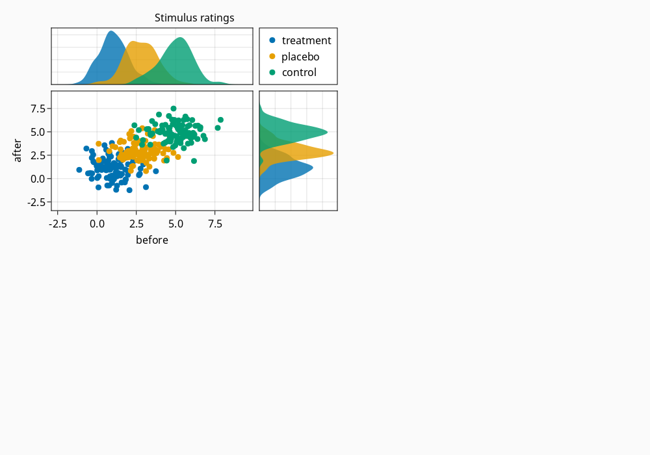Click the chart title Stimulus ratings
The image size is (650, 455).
tap(194, 18)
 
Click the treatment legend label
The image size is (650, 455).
tap(306, 40)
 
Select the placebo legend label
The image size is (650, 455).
tap(300, 57)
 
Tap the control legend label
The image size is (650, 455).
tap(299, 73)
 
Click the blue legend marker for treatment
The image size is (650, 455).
tap(272, 40)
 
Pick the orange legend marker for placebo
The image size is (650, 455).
tap(272, 57)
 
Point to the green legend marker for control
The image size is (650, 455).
tap(272, 73)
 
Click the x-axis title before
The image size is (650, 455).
tap(152, 240)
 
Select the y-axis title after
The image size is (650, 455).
tap(17, 150)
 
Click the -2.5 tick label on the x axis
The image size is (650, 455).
tap(58, 224)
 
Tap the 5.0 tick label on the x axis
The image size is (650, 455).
tap(175, 224)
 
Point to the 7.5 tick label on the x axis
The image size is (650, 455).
tap(215, 224)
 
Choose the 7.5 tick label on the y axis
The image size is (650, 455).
tap(38, 109)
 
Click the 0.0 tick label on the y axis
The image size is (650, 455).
tap(38, 179)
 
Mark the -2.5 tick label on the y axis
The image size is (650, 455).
tap(36, 203)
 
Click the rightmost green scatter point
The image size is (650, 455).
tap(220, 120)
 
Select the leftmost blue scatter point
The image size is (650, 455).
tap(79, 170)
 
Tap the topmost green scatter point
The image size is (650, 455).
tap(174, 109)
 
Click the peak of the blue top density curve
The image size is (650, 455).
tap(111, 31)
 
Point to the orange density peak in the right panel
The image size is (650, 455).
tap(333, 153)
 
